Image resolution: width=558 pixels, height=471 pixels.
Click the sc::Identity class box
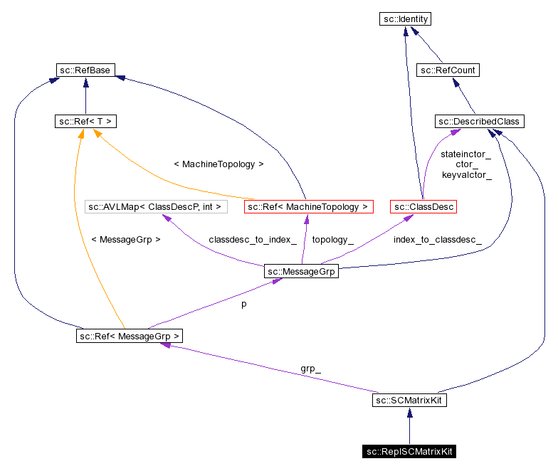405,19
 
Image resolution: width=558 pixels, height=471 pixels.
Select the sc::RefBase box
85,70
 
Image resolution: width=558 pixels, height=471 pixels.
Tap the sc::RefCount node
448,70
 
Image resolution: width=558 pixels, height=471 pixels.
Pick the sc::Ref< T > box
85,122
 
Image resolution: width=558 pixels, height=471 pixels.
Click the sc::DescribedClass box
480,122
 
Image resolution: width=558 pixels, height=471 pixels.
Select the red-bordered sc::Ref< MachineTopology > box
308,207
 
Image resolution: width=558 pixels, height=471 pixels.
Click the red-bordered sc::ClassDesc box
423,207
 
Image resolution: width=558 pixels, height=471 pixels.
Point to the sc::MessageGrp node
301,271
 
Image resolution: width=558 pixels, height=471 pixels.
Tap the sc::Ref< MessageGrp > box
130,335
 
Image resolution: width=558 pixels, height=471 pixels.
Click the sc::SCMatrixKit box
409,401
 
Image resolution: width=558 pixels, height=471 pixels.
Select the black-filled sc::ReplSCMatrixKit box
409,452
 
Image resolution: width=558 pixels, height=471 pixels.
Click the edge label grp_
310,369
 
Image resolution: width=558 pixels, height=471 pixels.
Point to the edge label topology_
332,240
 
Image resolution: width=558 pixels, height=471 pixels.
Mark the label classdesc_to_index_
252,240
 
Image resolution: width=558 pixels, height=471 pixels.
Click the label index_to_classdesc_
437,240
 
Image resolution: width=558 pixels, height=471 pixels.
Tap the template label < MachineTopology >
219,164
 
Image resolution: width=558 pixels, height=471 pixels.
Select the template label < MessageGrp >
126,240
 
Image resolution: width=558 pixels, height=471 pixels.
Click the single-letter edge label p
243,303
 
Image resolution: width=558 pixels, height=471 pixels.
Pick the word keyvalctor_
466,174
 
